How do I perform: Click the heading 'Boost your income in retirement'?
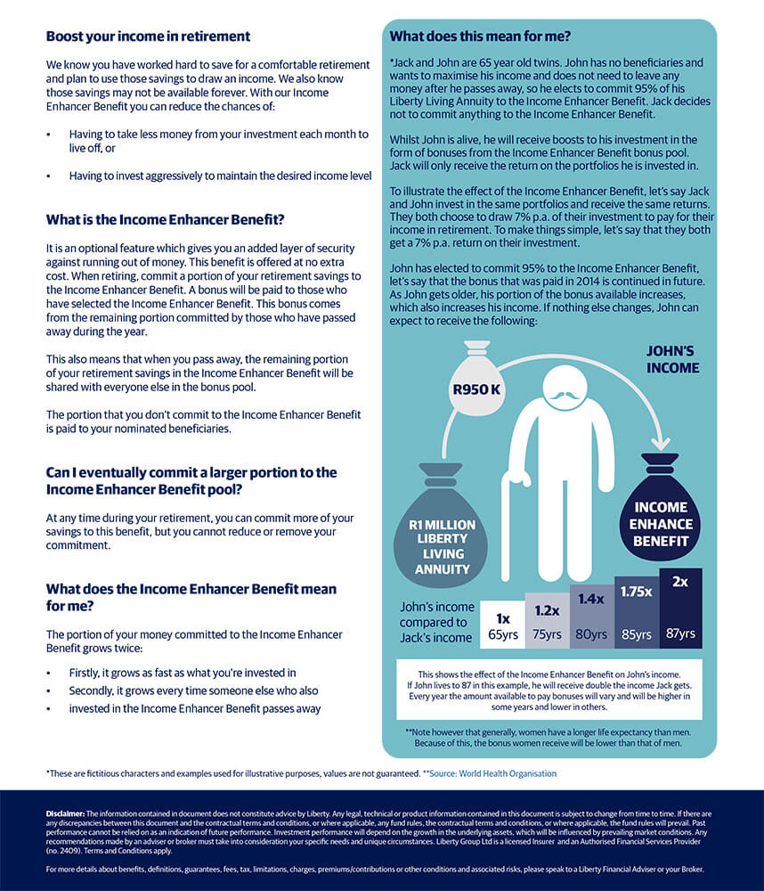click(148, 37)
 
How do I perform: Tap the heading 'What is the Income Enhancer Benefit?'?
click(165, 219)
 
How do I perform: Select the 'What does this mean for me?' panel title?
click(480, 37)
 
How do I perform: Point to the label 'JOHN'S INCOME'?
click(672, 358)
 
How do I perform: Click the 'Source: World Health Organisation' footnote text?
click(493, 773)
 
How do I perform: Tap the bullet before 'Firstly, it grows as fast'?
click(49, 673)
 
